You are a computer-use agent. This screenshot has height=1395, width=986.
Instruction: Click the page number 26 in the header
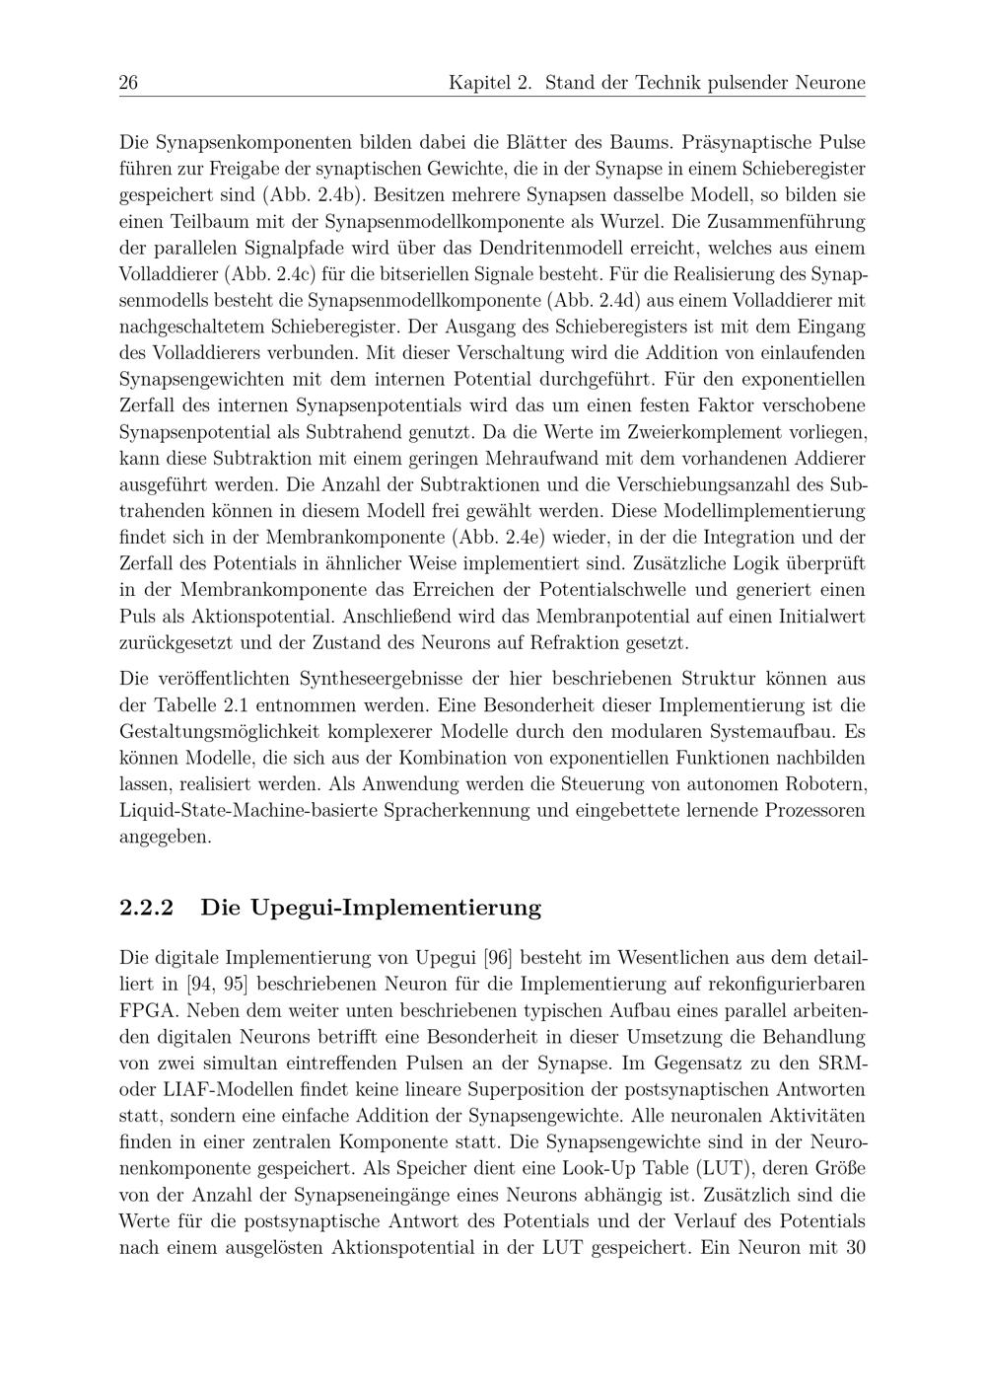pos(128,83)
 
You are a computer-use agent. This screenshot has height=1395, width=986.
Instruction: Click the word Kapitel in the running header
pos(477,83)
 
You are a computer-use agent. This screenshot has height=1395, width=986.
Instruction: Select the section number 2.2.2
pos(146,908)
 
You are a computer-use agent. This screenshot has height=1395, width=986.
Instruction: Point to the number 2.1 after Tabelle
pos(227,705)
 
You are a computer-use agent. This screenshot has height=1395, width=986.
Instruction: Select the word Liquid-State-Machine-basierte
pos(246,811)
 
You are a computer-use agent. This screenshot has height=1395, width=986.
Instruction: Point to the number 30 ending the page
pos(855,1247)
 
